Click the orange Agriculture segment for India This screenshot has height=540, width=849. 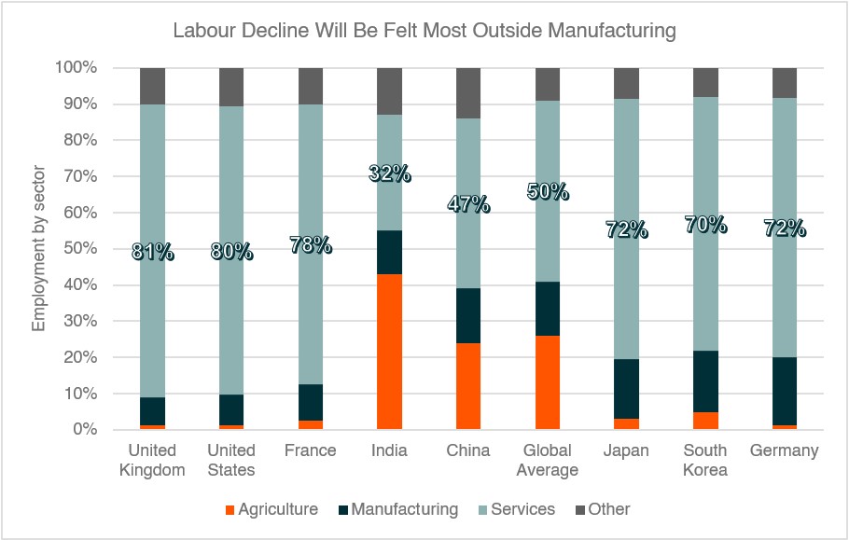389,352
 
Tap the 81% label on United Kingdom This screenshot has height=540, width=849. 152,252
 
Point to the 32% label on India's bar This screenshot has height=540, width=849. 389,173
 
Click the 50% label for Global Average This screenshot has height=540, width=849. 548,192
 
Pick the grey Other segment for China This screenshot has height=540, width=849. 468,93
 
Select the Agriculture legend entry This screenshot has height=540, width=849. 271,509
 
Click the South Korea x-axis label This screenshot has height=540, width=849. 705,460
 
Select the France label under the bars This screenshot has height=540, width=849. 310,451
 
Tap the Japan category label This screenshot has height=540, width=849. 626,451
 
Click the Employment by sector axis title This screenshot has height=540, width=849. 39,249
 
